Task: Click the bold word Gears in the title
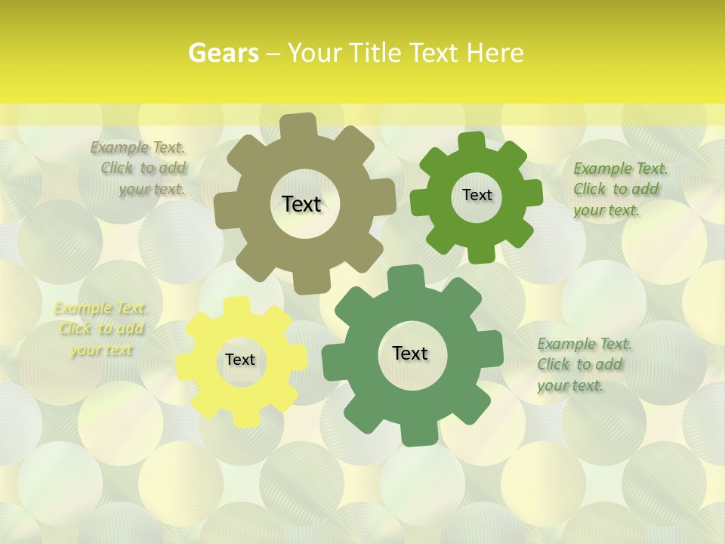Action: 223,53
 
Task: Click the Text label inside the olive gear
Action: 301,204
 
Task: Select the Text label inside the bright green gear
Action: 477,195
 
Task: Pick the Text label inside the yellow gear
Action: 240,360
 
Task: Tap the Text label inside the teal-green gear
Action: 410,353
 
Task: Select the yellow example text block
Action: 100,329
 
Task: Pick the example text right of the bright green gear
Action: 619,189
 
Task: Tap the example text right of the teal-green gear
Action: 583,365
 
